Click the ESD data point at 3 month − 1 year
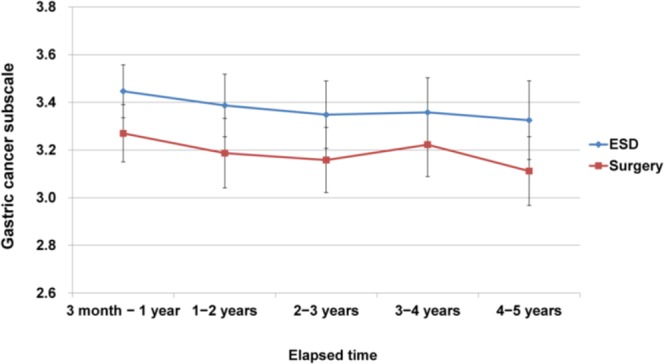point(123,91)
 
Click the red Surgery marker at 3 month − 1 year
point(123,133)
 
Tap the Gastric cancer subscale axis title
point(12,150)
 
